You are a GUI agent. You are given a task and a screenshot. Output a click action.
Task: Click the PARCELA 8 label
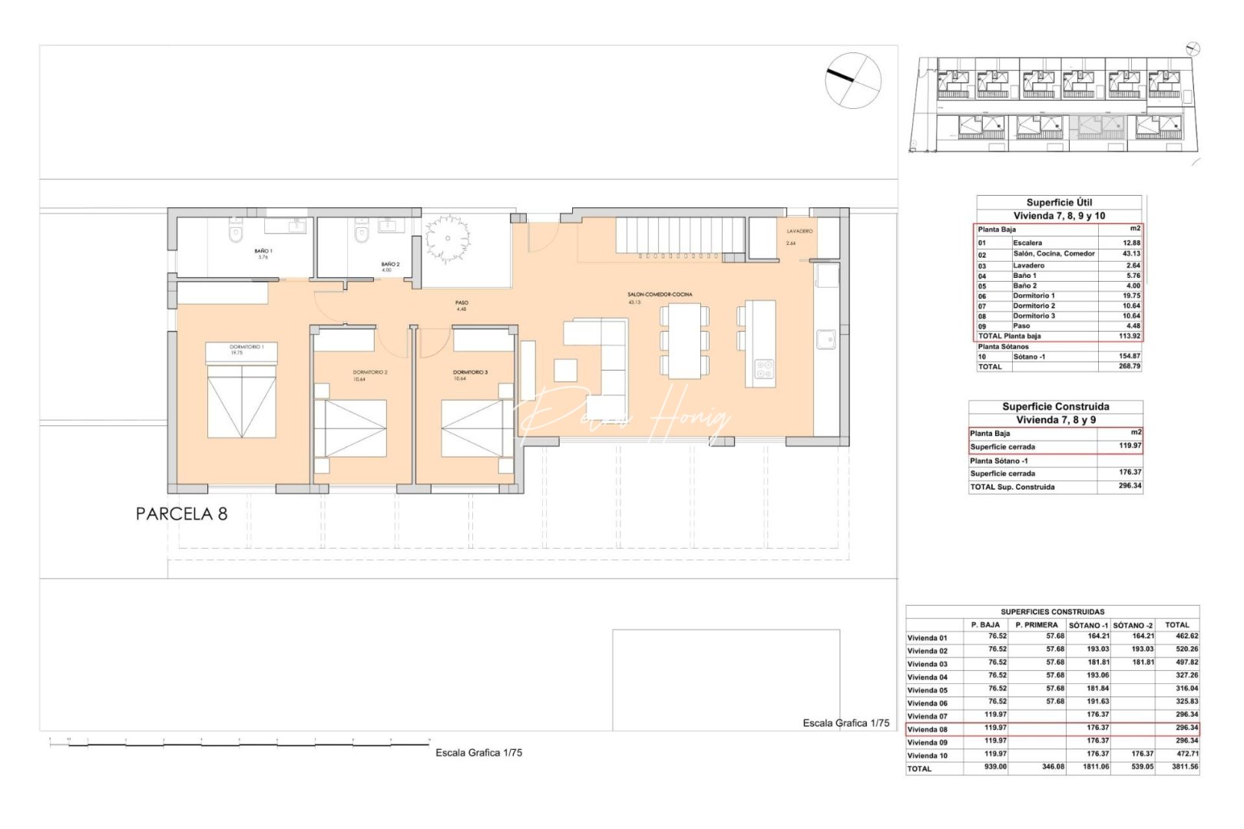[x=181, y=514]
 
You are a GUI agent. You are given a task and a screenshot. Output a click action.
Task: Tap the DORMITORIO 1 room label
[x=246, y=347]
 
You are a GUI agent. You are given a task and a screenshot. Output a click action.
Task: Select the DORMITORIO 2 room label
[x=370, y=372]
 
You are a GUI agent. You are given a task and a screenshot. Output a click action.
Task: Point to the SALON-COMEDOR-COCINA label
[x=660, y=294]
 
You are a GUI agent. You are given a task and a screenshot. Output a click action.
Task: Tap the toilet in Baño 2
[x=362, y=233]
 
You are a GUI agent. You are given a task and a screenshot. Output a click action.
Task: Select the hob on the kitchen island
[x=764, y=369]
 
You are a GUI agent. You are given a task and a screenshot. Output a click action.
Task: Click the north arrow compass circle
[x=853, y=80]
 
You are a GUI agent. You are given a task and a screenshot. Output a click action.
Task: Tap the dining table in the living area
[x=684, y=341]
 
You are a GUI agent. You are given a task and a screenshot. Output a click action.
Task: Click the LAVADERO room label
[x=799, y=231]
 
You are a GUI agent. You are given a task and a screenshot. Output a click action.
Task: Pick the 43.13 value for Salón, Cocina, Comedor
[x=1131, y=253]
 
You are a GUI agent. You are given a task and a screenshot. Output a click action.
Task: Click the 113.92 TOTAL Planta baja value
[x=1130, y=336]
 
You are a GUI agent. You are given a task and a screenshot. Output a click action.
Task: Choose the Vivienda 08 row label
[x=928, y=729]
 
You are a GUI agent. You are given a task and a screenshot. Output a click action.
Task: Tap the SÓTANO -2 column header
[x=1133, y=625]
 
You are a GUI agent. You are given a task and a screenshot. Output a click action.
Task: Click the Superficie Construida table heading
[x=1055, y=407]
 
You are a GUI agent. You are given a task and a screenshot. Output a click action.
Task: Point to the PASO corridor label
[x=462, y=302]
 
